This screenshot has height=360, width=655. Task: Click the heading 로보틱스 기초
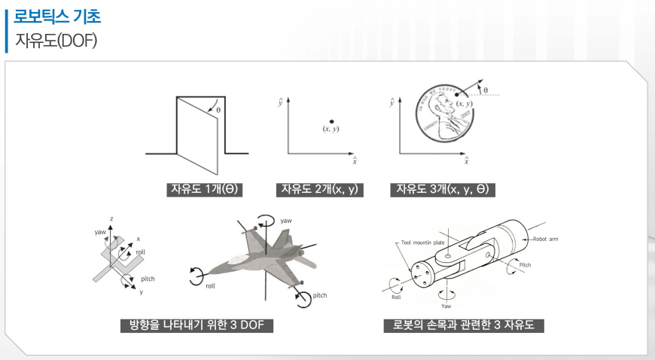click(x=57, y=14)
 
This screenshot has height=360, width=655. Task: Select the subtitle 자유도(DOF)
click(x=56, y=38)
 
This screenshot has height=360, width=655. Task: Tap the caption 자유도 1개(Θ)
click(x=204, y=189)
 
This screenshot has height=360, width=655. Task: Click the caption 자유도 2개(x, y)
click(x=320, y=189)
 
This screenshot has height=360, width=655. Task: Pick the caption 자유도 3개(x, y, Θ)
click(x=443, y=189)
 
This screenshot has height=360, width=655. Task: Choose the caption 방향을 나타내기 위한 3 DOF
click(x=196, y=325)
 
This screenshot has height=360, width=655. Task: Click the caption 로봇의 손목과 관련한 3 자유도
click(x=464, y=325)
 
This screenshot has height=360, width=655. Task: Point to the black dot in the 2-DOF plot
click(x=331, y=121)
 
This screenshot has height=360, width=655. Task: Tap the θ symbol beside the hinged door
click(x=218, y=110)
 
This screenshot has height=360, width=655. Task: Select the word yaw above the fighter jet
click(x=286, y=221)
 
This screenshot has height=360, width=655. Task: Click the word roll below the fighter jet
click(x=212, y=286)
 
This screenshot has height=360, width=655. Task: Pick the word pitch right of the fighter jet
click(x=319, y=295)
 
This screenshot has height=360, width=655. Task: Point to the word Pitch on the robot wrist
click(x=525, y=265)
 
